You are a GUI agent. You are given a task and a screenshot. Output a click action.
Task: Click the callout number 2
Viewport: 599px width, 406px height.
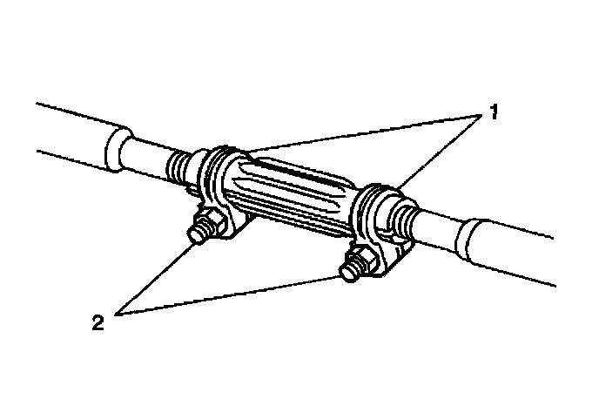98,322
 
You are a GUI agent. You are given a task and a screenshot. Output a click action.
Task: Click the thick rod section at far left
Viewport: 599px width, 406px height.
70,131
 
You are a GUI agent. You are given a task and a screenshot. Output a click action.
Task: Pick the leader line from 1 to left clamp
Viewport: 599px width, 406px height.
348,132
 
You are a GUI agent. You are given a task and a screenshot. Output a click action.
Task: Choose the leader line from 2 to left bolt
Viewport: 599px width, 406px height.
157,279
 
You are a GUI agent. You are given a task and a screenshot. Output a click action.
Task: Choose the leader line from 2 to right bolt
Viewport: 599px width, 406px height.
226,296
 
